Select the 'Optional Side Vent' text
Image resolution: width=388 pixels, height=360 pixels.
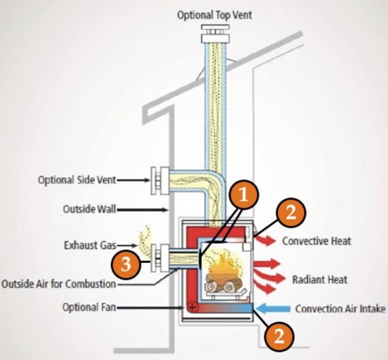coord(76,180)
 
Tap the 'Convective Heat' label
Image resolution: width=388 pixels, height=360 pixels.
coord(317,241)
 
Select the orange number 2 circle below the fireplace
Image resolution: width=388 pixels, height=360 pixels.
coord(278,336)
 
